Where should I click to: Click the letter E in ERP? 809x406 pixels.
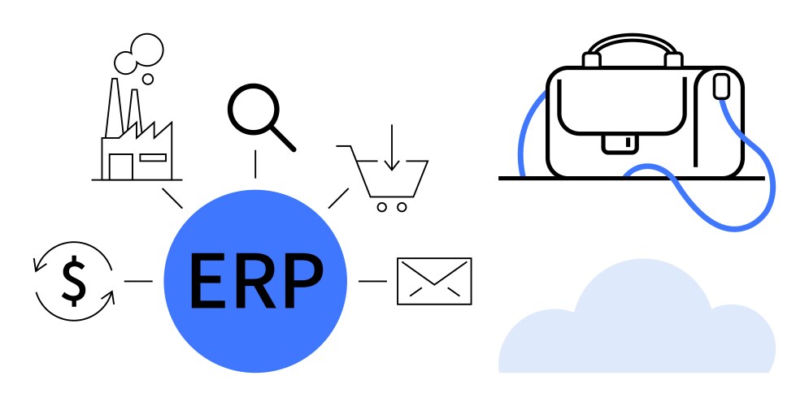pos(207,281)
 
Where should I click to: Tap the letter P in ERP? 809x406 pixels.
pos(302,281)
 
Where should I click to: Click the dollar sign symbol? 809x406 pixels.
pos(74,281)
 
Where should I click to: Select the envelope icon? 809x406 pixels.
pos(434,281)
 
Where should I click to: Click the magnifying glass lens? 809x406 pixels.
pos(254,110)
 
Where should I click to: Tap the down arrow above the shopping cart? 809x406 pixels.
pos(392,147)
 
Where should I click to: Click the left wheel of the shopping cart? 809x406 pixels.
pos(381,207)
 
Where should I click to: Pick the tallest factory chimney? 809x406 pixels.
pos(114,108)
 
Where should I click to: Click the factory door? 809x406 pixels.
pos(120,167)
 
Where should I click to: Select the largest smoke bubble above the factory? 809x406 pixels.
pos(147,50)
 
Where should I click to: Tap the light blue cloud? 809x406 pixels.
pos(637,319)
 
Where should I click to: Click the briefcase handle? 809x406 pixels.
pos(633,41)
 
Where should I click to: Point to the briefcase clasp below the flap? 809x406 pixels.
pos(620,144)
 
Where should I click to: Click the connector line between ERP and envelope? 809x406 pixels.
pos(372,281)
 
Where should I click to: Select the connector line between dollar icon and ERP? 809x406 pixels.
pos(138,281)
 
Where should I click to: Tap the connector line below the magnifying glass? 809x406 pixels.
pos(255,164)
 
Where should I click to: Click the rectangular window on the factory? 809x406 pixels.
pos(153,158)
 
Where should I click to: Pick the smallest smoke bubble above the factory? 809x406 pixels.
pos(148,80)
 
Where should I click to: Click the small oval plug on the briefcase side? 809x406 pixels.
pos(721,86)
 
